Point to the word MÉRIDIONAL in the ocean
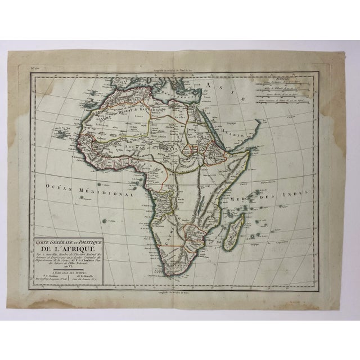tap(107, 191)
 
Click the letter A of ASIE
tap(212, 85)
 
